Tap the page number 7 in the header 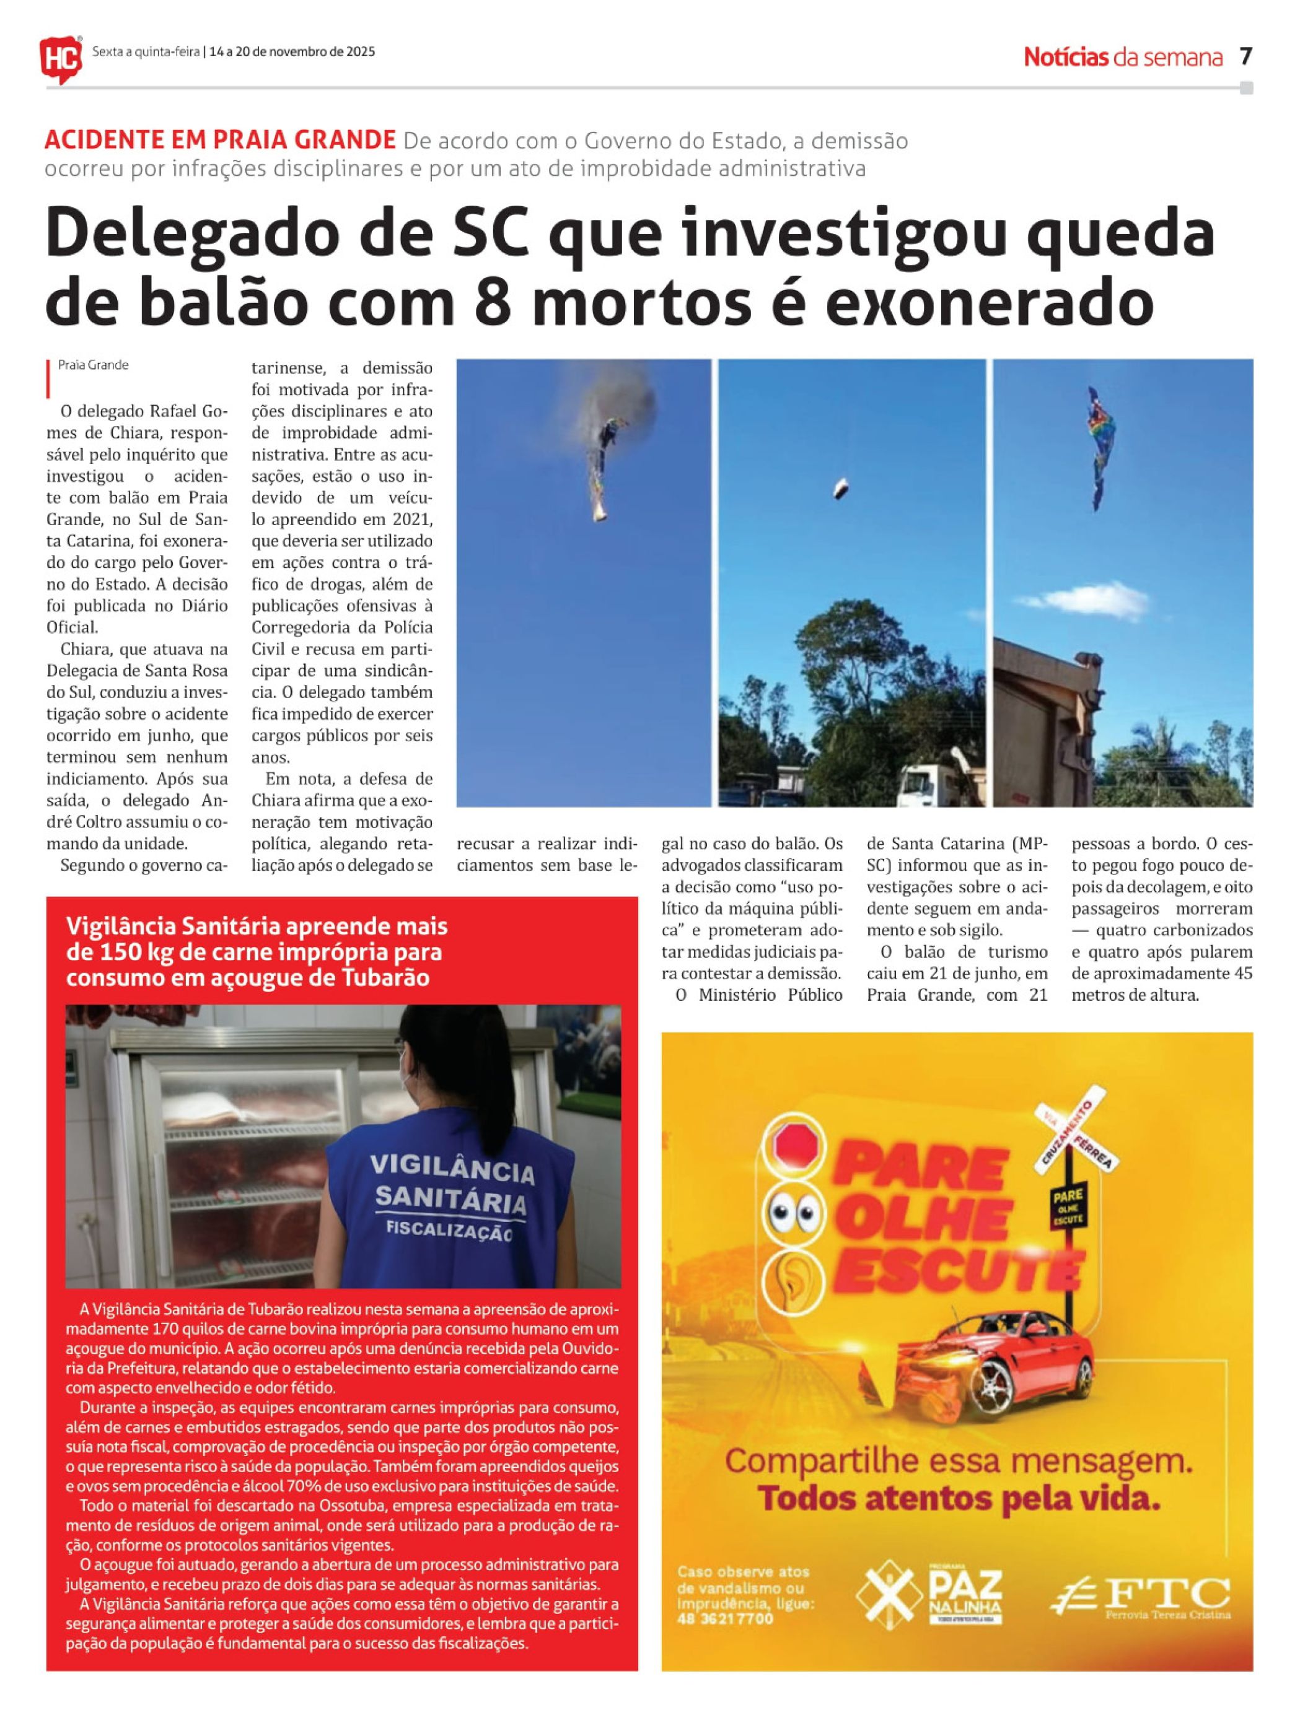(1245, 57)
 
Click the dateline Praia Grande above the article (93, 365)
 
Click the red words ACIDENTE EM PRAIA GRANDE (220, 140)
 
